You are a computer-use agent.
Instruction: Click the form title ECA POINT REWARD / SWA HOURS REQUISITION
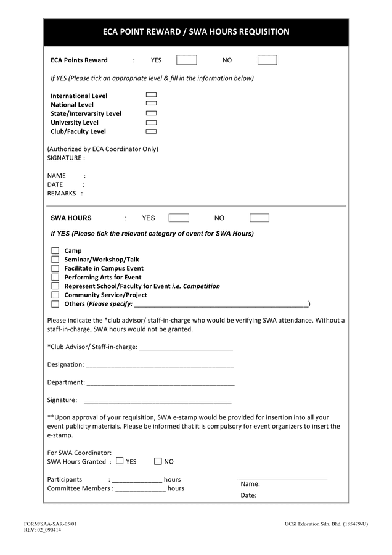pyautogui.click(x=195, y=31)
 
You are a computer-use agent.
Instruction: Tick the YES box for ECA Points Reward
pyautogui.click(x=186, y=60)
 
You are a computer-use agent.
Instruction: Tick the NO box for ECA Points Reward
pyautogui.click(x=267, y=60)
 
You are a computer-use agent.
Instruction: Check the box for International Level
pyautogui.click(x=151, y=96)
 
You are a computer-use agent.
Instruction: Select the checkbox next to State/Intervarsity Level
pyautogui.click(x=151, y=113)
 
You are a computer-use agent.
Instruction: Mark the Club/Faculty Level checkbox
pyautogui.click(x=151, y=131)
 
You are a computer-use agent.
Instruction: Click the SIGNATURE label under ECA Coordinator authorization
pyautogui.click(x=65, y=158)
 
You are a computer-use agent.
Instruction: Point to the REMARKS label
pyautogui.click(x=62, y=193)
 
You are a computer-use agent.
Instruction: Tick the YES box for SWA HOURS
pyautogui.click(x=179, y=218)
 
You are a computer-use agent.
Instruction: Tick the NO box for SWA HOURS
pyautogui.click(x=259, y=218)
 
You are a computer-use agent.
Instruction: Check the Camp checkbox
pyautogui.click(x=55, y=250)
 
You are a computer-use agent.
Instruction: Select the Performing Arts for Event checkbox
pyautogui.click(x=55, y=277)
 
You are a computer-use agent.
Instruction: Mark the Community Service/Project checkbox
pyautogui.click(x=55, y=295)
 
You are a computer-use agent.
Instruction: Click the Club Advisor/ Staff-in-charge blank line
pyautogui.click(x=186, y=347)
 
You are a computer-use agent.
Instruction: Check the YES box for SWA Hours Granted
pyautogui.click(x=120, y=461)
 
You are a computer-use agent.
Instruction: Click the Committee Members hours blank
pyautogui.click(x=141, y=489)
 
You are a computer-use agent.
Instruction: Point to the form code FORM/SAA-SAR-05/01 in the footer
pyautogui.click(x=51, y=524)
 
